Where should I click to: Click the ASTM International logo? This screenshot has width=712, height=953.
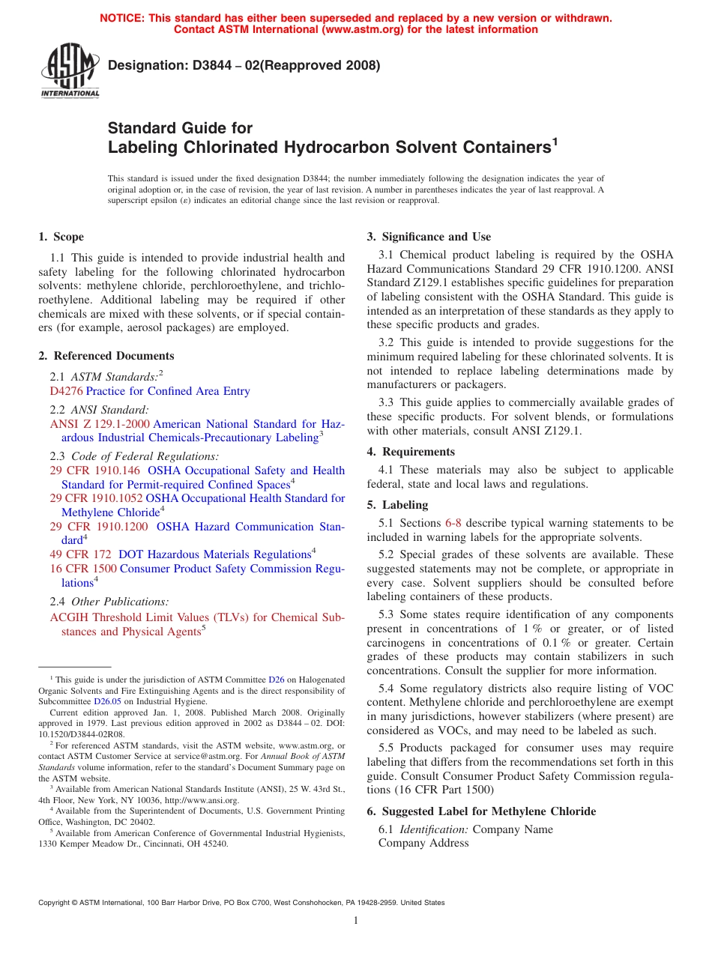(70, 70)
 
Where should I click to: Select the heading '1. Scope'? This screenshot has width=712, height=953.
(61, 237)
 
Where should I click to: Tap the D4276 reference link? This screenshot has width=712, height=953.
(66, 391)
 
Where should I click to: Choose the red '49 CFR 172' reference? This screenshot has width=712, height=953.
(81, 554)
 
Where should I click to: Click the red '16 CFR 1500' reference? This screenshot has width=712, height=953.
(83, 569)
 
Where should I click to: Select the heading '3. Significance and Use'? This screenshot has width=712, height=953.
(429, 237)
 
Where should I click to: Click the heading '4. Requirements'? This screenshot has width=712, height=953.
(411, 452)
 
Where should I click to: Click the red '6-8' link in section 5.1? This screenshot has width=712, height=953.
(453, 523)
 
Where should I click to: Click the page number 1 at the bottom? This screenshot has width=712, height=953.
(356, 921)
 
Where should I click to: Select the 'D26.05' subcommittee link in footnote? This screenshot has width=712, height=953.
(107, 701)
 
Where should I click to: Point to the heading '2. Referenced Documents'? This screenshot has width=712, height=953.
(106, 356)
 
